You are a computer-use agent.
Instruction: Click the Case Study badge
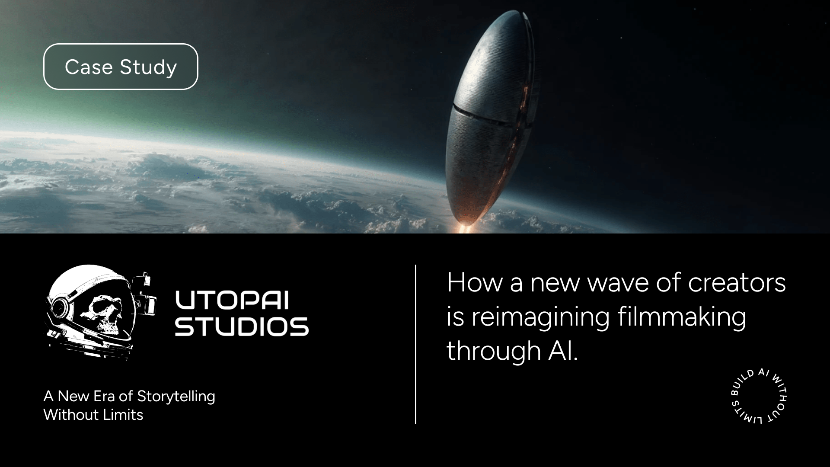121,67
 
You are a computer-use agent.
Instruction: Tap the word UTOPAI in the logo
231,301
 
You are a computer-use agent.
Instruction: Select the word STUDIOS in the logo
242,327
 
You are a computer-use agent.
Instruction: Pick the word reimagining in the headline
540,317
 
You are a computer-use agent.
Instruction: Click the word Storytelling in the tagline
176,396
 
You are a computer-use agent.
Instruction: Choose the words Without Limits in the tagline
93,415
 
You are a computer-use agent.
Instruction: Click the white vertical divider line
415,344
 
